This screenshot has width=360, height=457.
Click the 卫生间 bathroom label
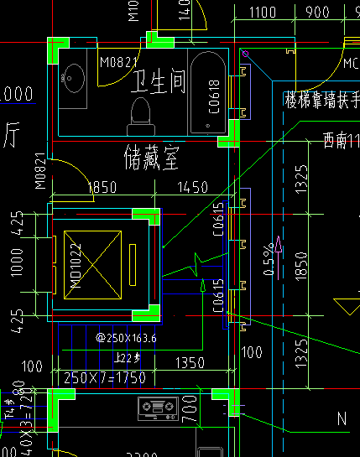(x=159, y=80)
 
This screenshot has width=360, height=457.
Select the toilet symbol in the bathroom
(x=141, y=114)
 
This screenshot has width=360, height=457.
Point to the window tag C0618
(x=214, y=96)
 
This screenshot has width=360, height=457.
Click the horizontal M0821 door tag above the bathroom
(x=117, y=62)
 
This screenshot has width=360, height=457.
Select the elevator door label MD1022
(x=76, y=267)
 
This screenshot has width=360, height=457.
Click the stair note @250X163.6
(x=127, y=338)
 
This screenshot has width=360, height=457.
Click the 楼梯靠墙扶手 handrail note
(x=322, y=98)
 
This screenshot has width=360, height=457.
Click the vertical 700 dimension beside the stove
(x=191, y=411)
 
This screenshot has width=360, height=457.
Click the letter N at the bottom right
(x=342, y=418)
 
